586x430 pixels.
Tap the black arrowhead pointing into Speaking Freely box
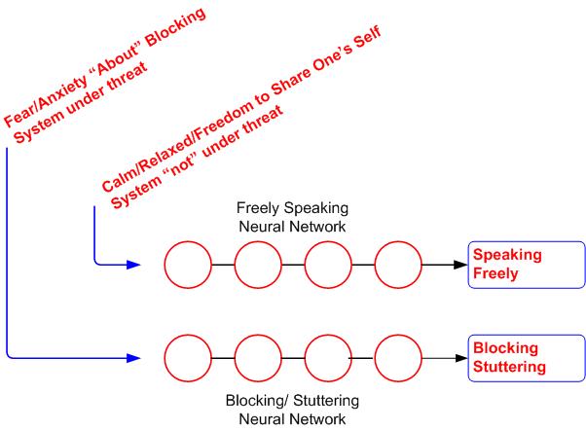point(458,264)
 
